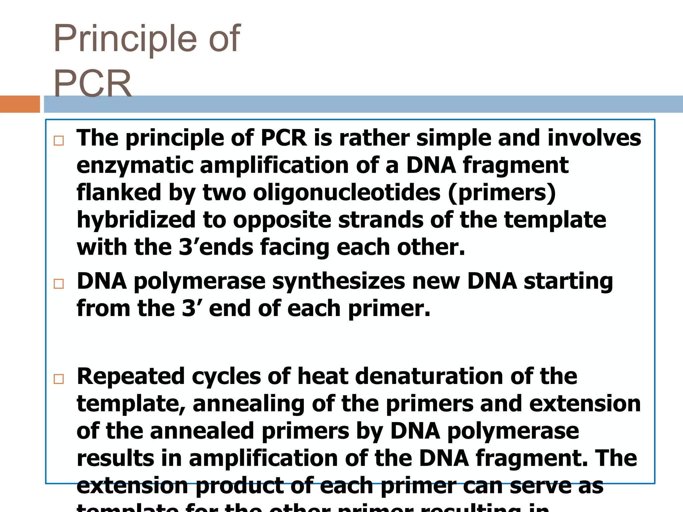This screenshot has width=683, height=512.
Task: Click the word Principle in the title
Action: pos(125,39)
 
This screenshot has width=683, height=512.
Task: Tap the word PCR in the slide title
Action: pos(93,83)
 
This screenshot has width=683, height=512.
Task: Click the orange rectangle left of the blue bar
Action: pos(20,104)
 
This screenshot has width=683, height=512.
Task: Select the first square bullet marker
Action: pos(59,141)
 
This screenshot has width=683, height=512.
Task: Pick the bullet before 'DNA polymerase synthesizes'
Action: pos(59,284)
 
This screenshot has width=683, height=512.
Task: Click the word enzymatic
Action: pos(135,166)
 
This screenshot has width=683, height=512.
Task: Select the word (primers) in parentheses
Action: pos(502,193)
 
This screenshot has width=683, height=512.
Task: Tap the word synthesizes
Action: pos(338,281)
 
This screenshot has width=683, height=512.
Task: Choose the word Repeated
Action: pos(130,376)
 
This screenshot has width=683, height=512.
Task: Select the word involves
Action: pos(594,138)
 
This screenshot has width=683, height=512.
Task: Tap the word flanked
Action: pos(119,193)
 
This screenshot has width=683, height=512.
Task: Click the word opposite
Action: pos(282,220)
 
